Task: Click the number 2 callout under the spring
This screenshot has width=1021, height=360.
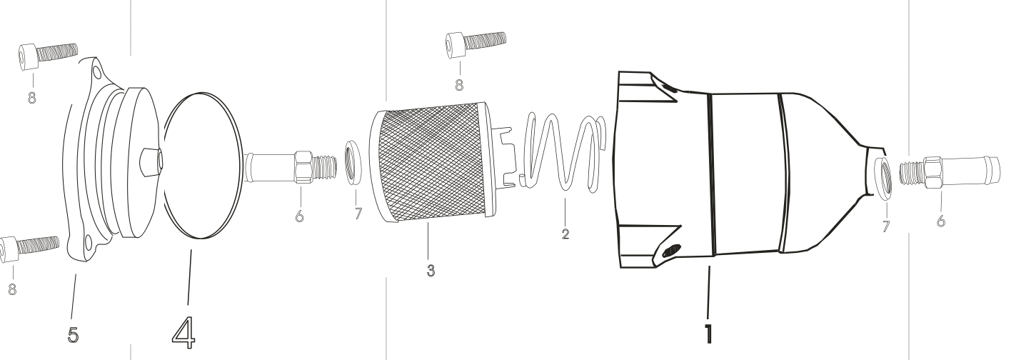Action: tap(565, 234)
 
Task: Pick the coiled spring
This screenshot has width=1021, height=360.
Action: tap(563, 152)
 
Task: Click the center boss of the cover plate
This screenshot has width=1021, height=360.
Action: tap(150, 161)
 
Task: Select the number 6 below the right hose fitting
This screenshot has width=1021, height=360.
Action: tap(940, 221)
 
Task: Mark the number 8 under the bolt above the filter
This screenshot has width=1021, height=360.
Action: tap(458, 84)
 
